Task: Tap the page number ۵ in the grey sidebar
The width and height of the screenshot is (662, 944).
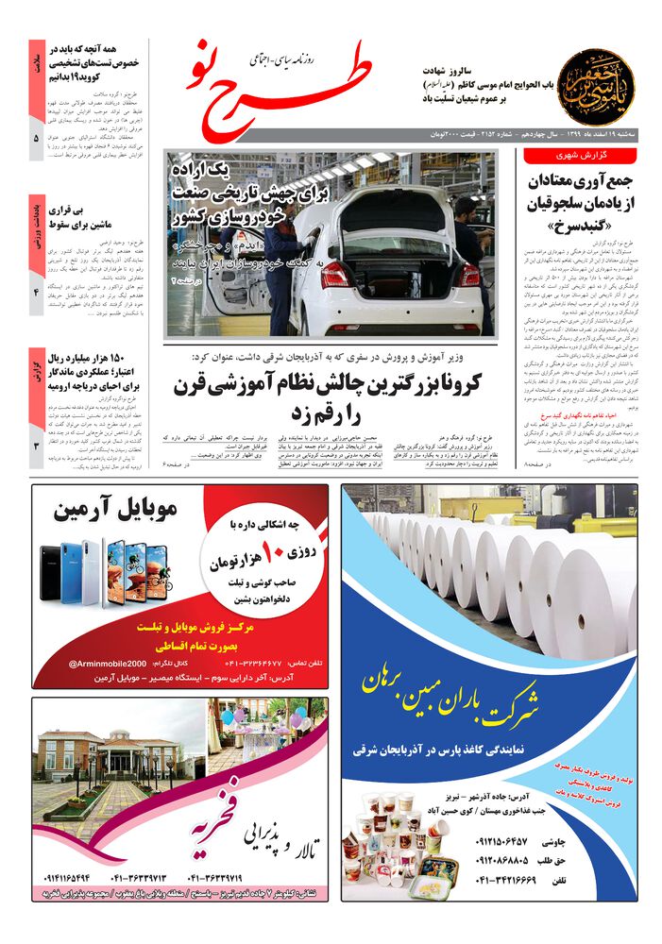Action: click(36, 140)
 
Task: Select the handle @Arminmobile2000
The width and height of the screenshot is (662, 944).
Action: click(107, 665)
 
